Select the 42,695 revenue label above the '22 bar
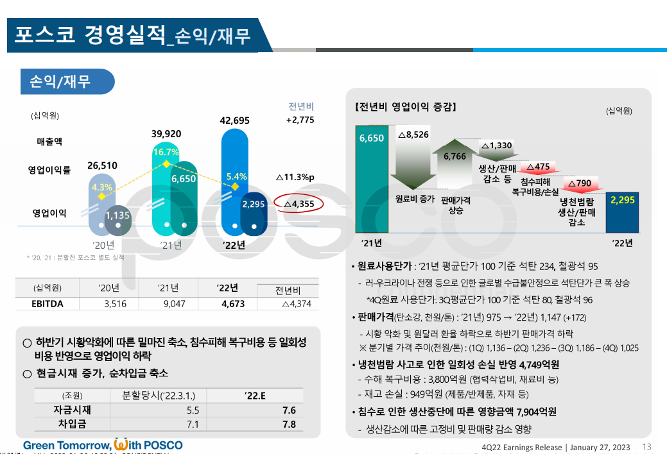234,120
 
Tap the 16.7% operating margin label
166,152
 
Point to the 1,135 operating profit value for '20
118,215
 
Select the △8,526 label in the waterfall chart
413,135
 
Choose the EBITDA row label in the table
48,304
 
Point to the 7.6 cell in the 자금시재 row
288,410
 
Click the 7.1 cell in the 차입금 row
192,425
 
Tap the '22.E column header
255,396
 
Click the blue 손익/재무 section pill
67,81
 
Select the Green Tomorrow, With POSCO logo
103,445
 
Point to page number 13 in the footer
646,447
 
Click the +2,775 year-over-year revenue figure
300,120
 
